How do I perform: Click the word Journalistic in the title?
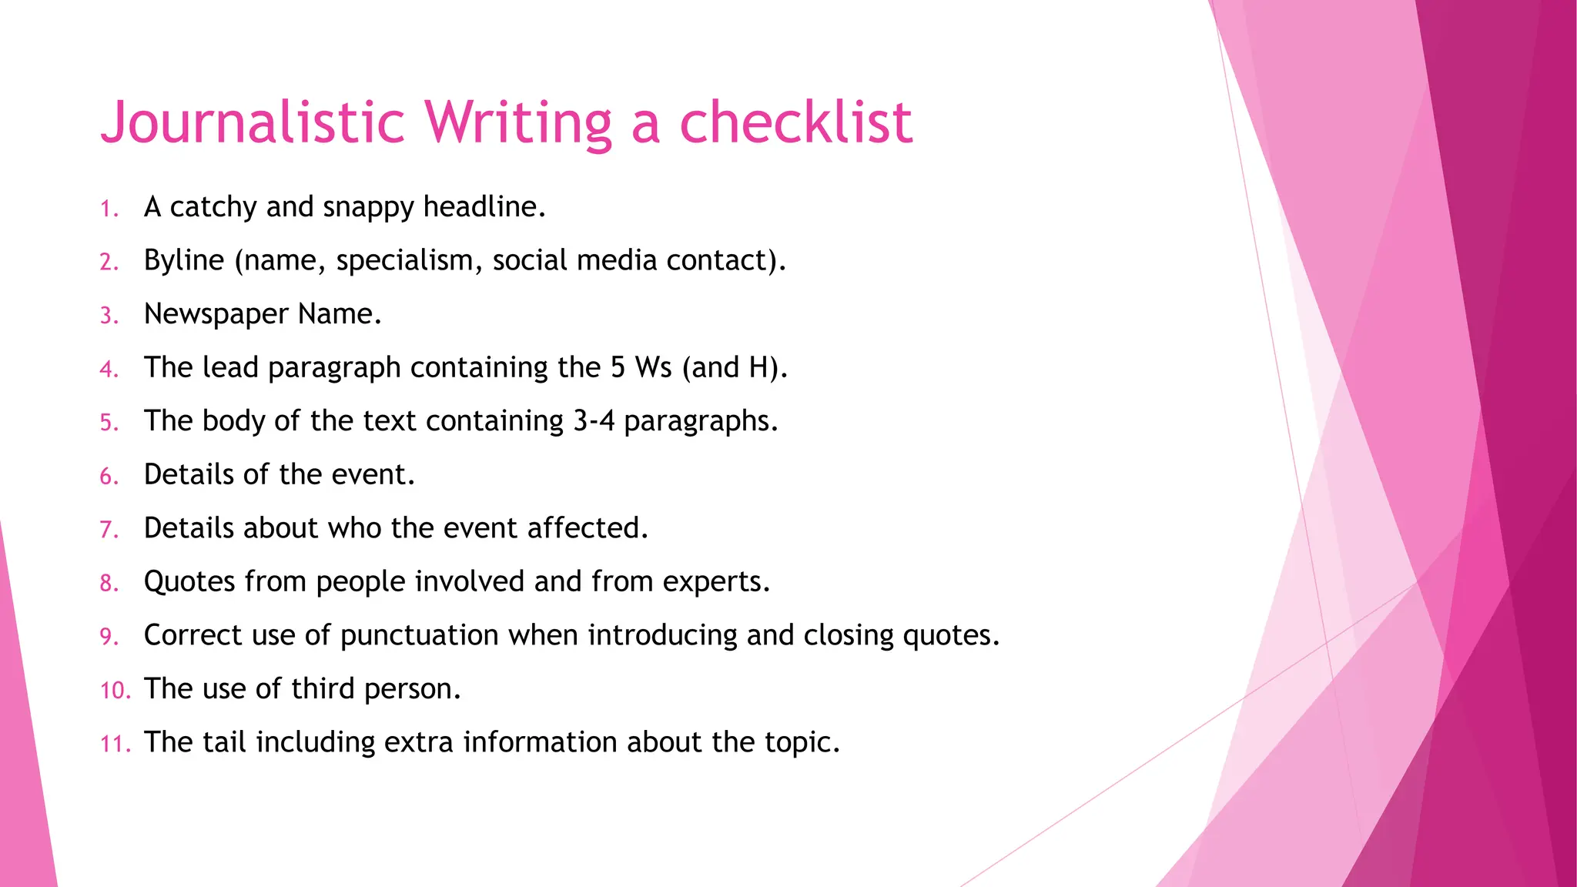coord(253,123)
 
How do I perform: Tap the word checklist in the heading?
coord(795,123)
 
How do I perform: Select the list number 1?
coord(109,209)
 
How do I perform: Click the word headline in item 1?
coord(483,207)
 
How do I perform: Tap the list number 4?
coord(109,370)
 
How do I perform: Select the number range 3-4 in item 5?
coord(594,421)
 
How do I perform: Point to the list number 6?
coord(109,477)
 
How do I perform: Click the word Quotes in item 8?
coord(189,582)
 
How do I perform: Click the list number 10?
coord(116,691)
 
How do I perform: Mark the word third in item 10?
coord(323,689)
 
